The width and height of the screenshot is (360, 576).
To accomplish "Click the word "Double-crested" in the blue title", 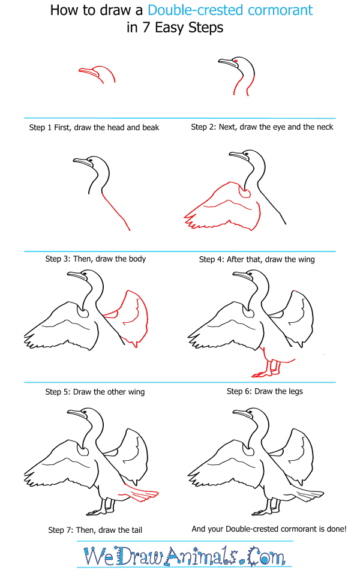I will pyautogui.click(x=184, y=10).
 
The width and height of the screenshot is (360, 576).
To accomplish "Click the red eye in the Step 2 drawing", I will pyautogui.click(x=235, y=61).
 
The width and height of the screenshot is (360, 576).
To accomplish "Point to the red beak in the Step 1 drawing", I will pyautogui.click(x=89, y=72).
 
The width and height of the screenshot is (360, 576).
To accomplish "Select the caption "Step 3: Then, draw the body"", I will pyautogui.click(x=95, y=259).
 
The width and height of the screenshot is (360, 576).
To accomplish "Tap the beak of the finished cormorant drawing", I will pyautogui.click(x=241, y=414).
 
